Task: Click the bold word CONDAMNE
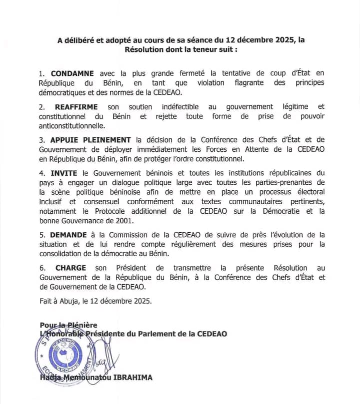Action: (x=72, y=73)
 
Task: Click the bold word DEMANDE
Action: (x=67, y=235)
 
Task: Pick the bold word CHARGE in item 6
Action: (x=70, y=268)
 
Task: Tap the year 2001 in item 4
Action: (x=122, y=220)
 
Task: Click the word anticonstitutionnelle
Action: (x=72, y=126)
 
